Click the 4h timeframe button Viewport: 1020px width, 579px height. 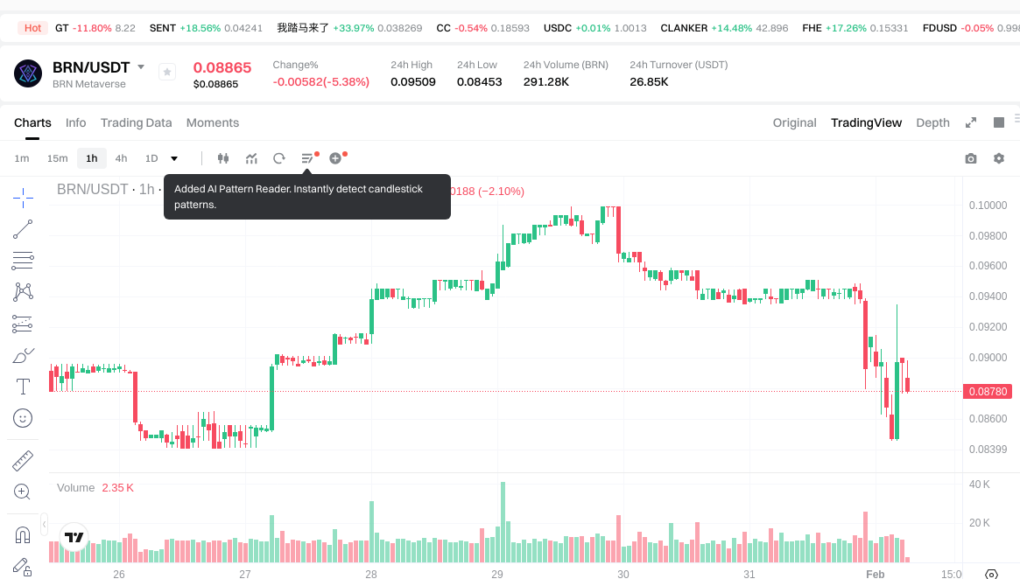[121, 158]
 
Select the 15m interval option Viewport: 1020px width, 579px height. [57, 158]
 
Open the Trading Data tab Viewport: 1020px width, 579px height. [136, 122]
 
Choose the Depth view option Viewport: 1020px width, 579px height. [932, 122]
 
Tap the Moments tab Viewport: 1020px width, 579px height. [213, 122]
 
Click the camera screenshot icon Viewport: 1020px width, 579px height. [970, 158]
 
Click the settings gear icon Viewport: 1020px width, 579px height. [998, 158]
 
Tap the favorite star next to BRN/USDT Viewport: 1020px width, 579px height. [167, 73]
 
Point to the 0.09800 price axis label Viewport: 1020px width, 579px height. [988, 235]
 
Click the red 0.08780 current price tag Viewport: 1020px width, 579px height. [988, 392]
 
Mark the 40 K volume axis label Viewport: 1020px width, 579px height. [979, 485]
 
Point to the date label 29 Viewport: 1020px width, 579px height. [497, 575]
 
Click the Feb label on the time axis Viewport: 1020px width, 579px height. [876, 575]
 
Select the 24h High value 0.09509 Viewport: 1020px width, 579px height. [413, 82]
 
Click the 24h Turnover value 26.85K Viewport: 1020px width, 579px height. [649, 82]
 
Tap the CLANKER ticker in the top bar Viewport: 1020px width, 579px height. [684, 28]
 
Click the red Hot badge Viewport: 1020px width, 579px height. [33, 28]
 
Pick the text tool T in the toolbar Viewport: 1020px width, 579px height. [23, 386]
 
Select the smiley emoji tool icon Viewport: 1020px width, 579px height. [23, 418]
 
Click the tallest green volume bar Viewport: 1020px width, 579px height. [503, 521]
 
